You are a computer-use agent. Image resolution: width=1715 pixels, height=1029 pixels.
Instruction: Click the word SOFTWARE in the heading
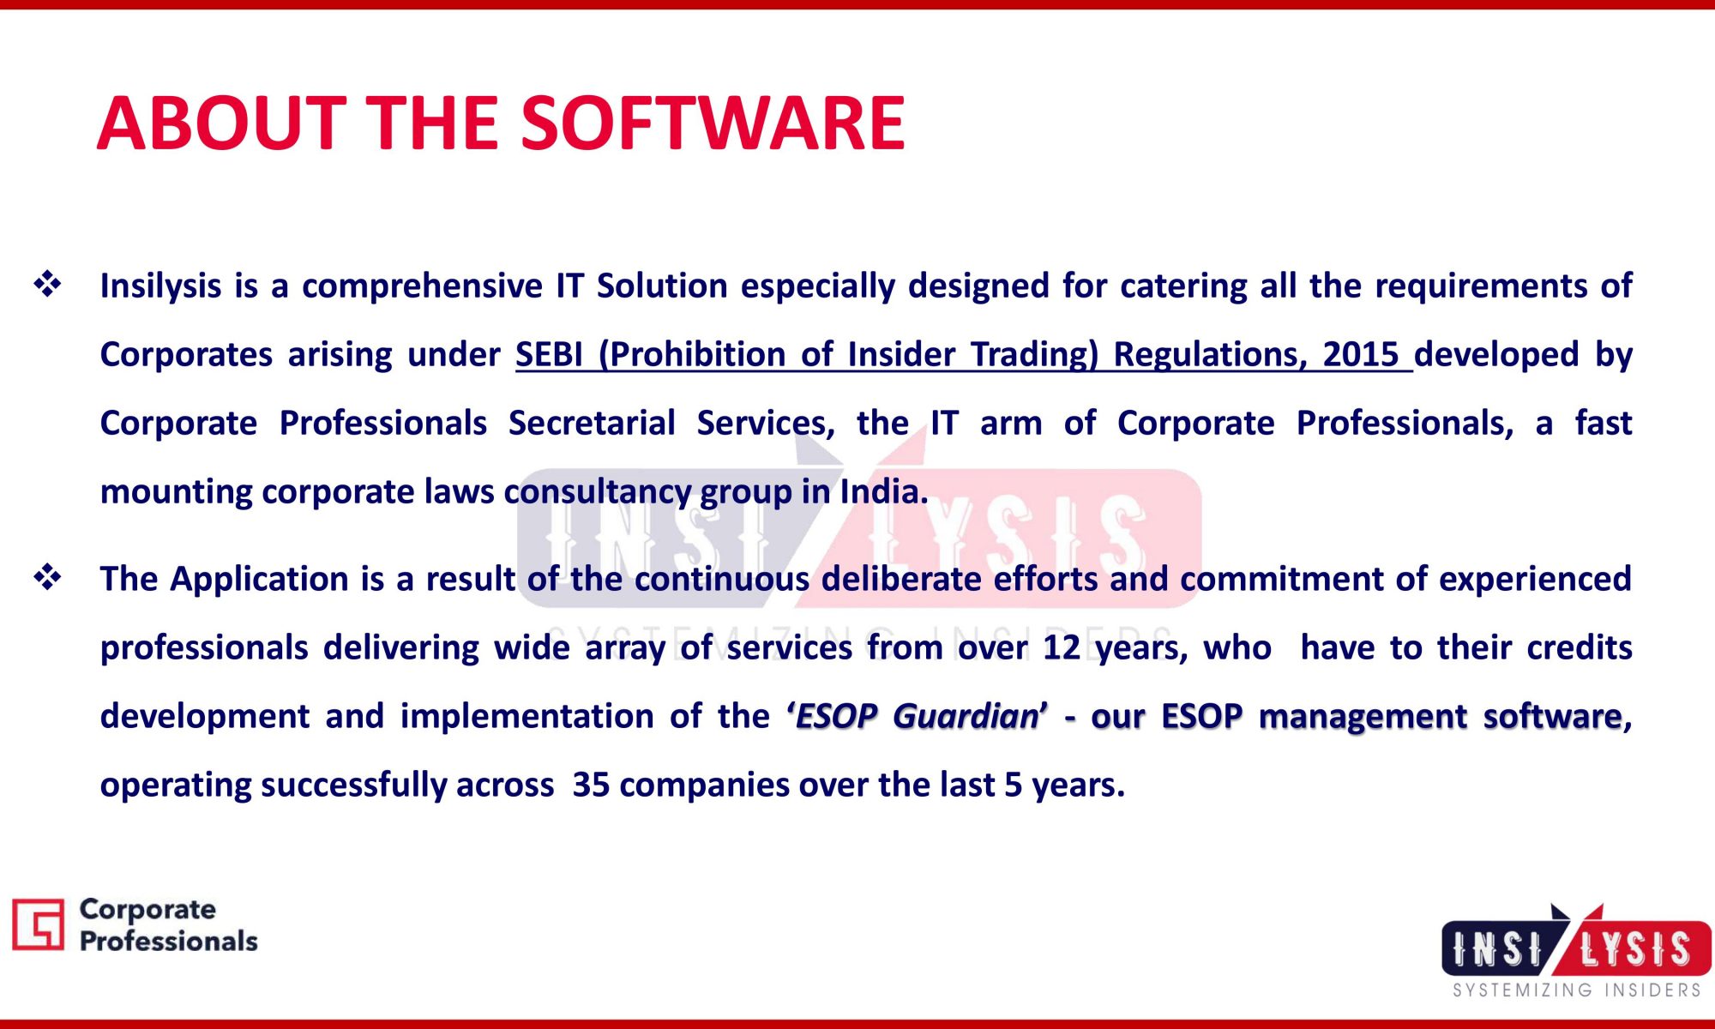tap(713, 123)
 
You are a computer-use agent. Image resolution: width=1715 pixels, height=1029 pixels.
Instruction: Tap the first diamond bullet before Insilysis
tap(47, 284)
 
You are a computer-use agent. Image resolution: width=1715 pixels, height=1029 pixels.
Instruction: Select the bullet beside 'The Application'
tap(47, 577)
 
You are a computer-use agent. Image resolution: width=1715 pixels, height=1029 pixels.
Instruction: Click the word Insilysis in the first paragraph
tap(160, 286)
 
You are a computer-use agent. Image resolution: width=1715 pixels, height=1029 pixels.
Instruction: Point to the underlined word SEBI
tap(549, 354)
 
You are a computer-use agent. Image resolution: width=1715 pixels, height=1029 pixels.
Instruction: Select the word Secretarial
tap(592, 424)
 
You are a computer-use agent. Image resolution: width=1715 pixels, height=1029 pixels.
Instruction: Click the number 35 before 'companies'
tap(591, 785)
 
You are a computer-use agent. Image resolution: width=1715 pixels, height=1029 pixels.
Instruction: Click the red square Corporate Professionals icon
tap(38, 924)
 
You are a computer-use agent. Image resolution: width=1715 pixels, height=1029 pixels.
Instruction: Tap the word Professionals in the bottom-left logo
tap(168, 942)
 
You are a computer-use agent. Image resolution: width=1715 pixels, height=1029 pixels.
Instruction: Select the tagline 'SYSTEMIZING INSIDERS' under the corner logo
tap(1576, 990)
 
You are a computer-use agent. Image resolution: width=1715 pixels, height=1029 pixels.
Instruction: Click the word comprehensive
tap(423, 286)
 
